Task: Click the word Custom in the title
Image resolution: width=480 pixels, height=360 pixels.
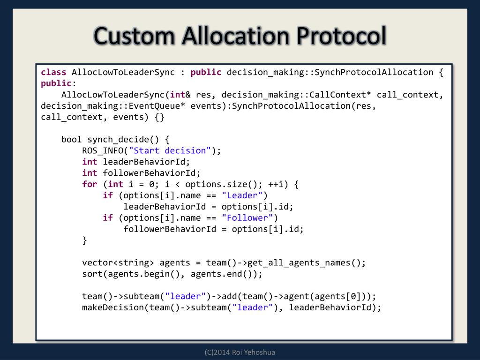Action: coord(135,37)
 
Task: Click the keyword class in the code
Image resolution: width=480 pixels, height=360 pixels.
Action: coord(53,72)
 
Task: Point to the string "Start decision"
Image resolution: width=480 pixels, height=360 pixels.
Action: coord(170,150)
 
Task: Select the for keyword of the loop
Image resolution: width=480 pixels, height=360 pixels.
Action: coord(90,184)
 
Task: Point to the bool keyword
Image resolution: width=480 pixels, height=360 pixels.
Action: coord(72,139)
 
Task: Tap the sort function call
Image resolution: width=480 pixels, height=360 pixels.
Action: coord(92,274)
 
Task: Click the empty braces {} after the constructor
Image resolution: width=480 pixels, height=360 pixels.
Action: coord(159,117)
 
